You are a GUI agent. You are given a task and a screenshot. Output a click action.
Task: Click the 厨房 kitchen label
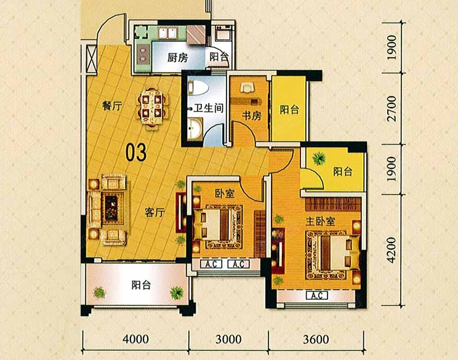click(x=177, y=57)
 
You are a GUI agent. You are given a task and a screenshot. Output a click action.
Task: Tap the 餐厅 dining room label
click(x=112, y=106)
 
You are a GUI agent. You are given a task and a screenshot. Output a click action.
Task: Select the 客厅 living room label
click(x=155, y=212)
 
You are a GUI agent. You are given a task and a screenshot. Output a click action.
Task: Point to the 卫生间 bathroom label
click(x=208, y=108)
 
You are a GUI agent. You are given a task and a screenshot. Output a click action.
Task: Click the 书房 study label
click(x=252, y=116)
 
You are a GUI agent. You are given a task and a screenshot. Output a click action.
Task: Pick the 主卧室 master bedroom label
click(x=321, y=222)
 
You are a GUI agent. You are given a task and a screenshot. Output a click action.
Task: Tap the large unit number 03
click(x=136, y=153)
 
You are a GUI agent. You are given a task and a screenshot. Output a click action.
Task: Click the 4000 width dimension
click(x=136, y=339)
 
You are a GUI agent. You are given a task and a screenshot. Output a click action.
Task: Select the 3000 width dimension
click(x=228, y=339)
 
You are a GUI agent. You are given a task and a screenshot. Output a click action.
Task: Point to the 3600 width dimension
click(x=316, y=339)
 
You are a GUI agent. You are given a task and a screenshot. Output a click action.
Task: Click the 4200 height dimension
click(x=391, y=250)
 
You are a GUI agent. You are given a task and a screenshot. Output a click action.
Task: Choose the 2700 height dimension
click(x=391, y=108)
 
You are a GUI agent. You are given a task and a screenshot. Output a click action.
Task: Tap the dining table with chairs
click(x=153, y=108)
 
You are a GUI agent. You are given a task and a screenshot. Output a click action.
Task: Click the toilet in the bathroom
click(x=198, y=87)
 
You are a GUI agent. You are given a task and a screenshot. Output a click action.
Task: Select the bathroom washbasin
click(x=195, y=128)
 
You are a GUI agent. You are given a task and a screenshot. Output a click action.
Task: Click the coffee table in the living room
click(x=111, y=207)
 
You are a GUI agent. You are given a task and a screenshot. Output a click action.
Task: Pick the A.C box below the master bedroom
click(x=317, y=295)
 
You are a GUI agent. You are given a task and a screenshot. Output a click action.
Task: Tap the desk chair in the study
click(x=247, y=87)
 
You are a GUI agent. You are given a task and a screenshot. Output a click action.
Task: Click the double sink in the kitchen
click(x=167, y=33)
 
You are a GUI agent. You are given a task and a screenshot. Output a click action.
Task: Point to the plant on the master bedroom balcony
click(x=319, y=158)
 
